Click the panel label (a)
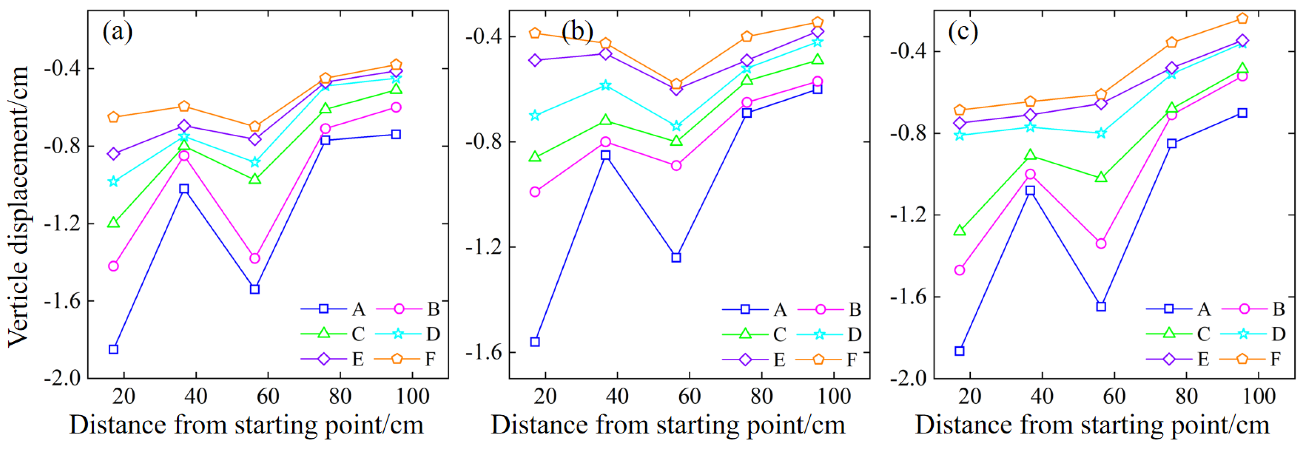pyautogui.click(x=117, y=32)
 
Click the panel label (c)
pyautogui.click(x=963, y=32)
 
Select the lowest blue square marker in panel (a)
pyautogui.click(x=113, y=350)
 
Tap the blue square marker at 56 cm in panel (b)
pyautogui.click(x=676, y=258)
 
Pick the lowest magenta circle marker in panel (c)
pyautogui.click(x=959, y=270)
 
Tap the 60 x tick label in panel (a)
pyautogui.click(x=268, y=396)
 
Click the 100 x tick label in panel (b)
pyautogui.click(x=834, y=396)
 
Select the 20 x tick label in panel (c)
pyautogui.click(x=970, y=396)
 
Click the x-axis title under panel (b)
pyautogui.click(x=668, y=425)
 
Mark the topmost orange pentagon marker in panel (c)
pyautogui.click(x=1242, y=19)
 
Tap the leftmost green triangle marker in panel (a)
pyautogui.click(x=113, y=222)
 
